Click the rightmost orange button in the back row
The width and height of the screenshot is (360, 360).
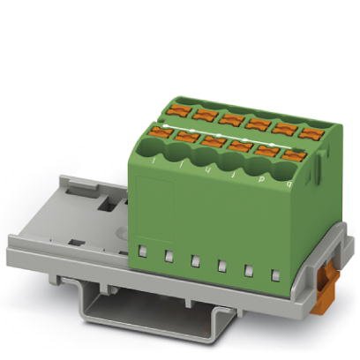(x=311, y=133)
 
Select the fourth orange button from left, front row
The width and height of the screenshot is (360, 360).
(x=240, y=146)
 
